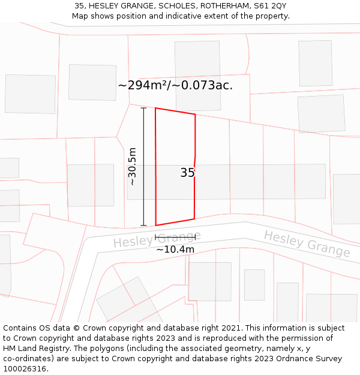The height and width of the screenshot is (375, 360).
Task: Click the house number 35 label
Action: pyautogui.click(x=187, y=173)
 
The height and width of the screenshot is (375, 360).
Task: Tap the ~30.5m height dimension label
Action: pyautogui.click(x=132, y=166)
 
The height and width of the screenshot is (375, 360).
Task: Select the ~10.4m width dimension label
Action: pyautogui.click(x=175, y=249)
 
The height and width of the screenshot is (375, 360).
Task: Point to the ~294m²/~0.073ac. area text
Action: pyautogui.click(x=175, y=85)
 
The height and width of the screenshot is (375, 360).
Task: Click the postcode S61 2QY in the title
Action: pyautogui.click(x=269, y=6)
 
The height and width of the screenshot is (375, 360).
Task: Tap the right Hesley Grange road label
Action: pyautogui.click(x=307, y=244)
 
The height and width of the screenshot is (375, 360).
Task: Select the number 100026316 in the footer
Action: pyautogui.click(x=25, y=368)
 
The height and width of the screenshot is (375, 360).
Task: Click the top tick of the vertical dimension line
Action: pyautogui.click(x=143, y=108)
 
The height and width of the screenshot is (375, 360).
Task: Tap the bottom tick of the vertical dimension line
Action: pyautogui.click(x=143, y=226)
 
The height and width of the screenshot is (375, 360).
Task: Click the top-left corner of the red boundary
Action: pyautogui.click(x=155, y=108)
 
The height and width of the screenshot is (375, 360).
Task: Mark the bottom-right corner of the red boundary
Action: pyautogui.click(x=194, y=219)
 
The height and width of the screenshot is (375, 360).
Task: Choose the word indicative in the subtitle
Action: pyautogui.click(x=185, y=16)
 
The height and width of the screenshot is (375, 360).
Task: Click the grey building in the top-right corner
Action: pyautogui.click(x=315, y=63)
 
